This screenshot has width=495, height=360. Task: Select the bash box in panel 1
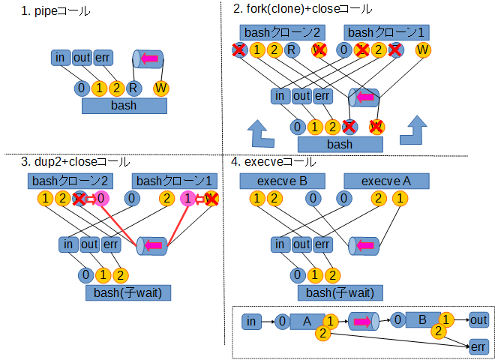[x=124, y=105]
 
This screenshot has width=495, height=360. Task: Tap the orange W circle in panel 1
[x=160, y=88]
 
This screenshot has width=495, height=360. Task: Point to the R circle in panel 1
[x=133, y=88]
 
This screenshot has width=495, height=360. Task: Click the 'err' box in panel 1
[x=103, y=58]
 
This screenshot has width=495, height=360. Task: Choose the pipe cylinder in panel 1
[x=148, y=58]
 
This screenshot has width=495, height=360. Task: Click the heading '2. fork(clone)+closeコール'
[x=302, y=9]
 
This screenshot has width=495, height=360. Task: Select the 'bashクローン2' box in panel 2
[x=282, y=32]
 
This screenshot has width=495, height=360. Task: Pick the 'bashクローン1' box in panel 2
[x=387, y=32]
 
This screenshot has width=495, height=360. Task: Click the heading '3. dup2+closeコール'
[x=75, y=161]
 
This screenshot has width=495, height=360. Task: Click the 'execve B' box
[x=282, y=181]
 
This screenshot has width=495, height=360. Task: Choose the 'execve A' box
[x=386, y=181]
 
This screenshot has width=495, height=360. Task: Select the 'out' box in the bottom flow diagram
[x=478, y=321]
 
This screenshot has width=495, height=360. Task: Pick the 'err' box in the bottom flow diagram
[x=478, y=346]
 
